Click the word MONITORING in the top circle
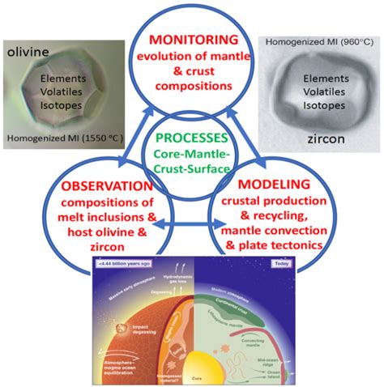[193, 39]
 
